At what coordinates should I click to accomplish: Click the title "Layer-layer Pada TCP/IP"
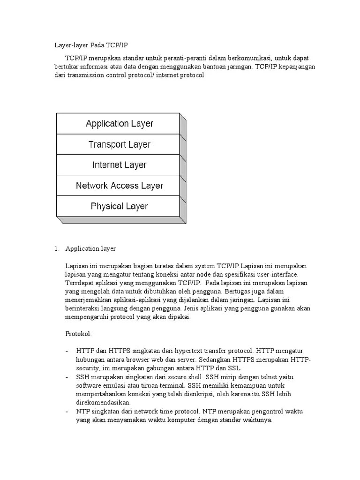tap(91, 45)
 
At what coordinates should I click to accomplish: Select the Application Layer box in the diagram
tap(119, 124)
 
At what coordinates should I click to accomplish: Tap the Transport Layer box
tap(119, 144)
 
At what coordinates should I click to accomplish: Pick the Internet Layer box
tap(119, 165)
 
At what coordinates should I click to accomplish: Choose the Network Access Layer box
tap(119, 186)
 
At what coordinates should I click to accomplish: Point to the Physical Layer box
tap(119, 206)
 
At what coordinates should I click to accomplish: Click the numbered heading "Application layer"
tap(90, 248)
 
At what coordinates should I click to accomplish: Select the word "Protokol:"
tap(79, 333)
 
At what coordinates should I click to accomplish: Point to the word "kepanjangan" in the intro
tap(298, 67)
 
